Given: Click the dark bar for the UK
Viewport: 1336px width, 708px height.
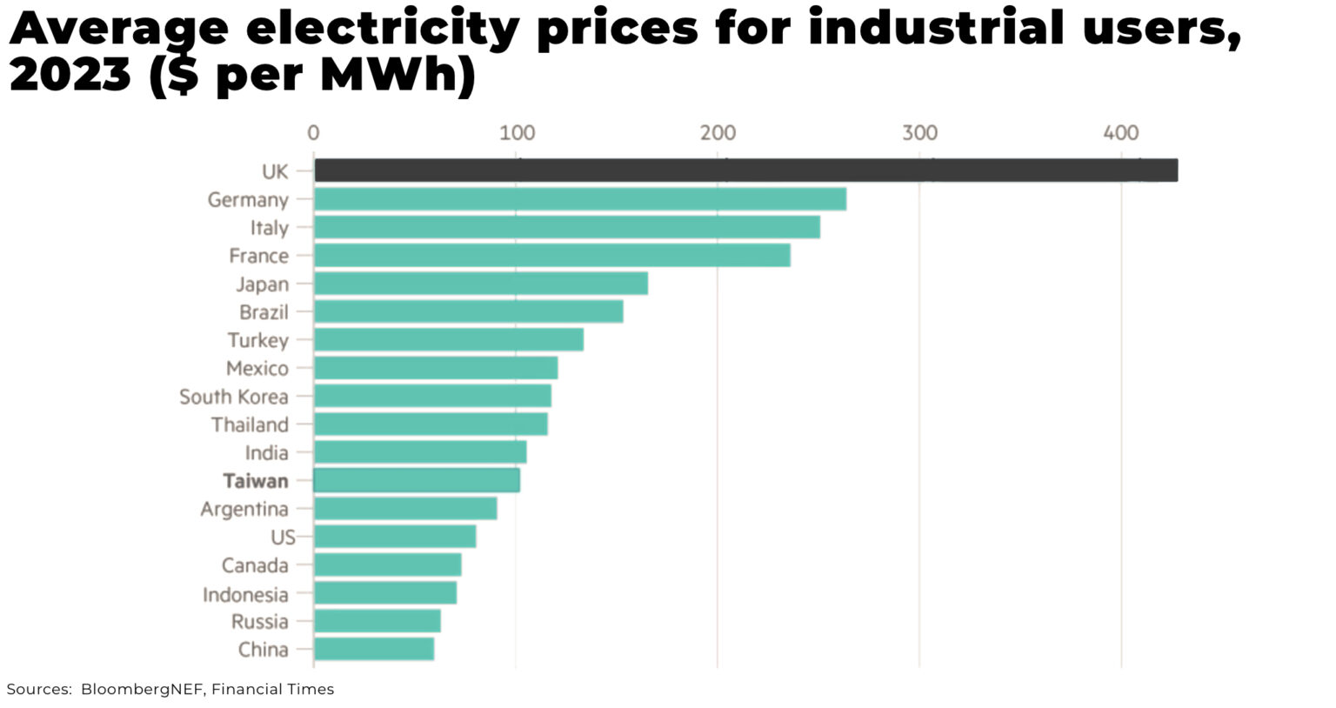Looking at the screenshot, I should tap(745, 170).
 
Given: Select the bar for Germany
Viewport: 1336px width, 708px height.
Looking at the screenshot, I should tap(580, 199).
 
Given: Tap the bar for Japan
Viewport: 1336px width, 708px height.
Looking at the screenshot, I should tap(481, 284).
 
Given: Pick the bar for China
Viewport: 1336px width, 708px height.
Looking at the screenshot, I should tap(374, 649).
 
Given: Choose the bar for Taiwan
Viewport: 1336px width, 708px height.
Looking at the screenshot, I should tap(417, 480).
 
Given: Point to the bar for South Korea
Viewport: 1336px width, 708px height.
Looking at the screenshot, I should tap(432, 396).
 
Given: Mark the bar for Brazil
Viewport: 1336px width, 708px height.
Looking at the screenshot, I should tap(469, 311).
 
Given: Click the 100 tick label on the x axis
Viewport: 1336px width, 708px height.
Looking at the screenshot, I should tap(518, 133).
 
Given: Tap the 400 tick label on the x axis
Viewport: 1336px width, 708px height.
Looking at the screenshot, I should tap(1120, 133).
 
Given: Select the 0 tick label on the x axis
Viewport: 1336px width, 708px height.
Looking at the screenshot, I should tap(313, 133).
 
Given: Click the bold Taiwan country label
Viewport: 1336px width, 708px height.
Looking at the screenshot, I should tap(255, 481).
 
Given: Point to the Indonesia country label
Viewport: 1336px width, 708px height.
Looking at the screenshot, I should tap(245, 594).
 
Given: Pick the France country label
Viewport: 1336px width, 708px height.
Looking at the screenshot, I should tap(258, 256).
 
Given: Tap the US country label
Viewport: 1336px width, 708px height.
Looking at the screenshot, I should tap(283, 538).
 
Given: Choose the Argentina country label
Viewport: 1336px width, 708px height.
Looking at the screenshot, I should tap(244, 509).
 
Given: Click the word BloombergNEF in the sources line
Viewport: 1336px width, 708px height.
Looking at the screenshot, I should tap(143, 689).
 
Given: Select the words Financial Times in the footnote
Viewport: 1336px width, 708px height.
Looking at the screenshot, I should tap(272, 689).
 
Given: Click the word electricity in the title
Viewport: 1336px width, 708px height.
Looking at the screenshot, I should tap(383, 30).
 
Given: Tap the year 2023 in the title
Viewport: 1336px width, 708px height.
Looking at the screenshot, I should tap(70, 75).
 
